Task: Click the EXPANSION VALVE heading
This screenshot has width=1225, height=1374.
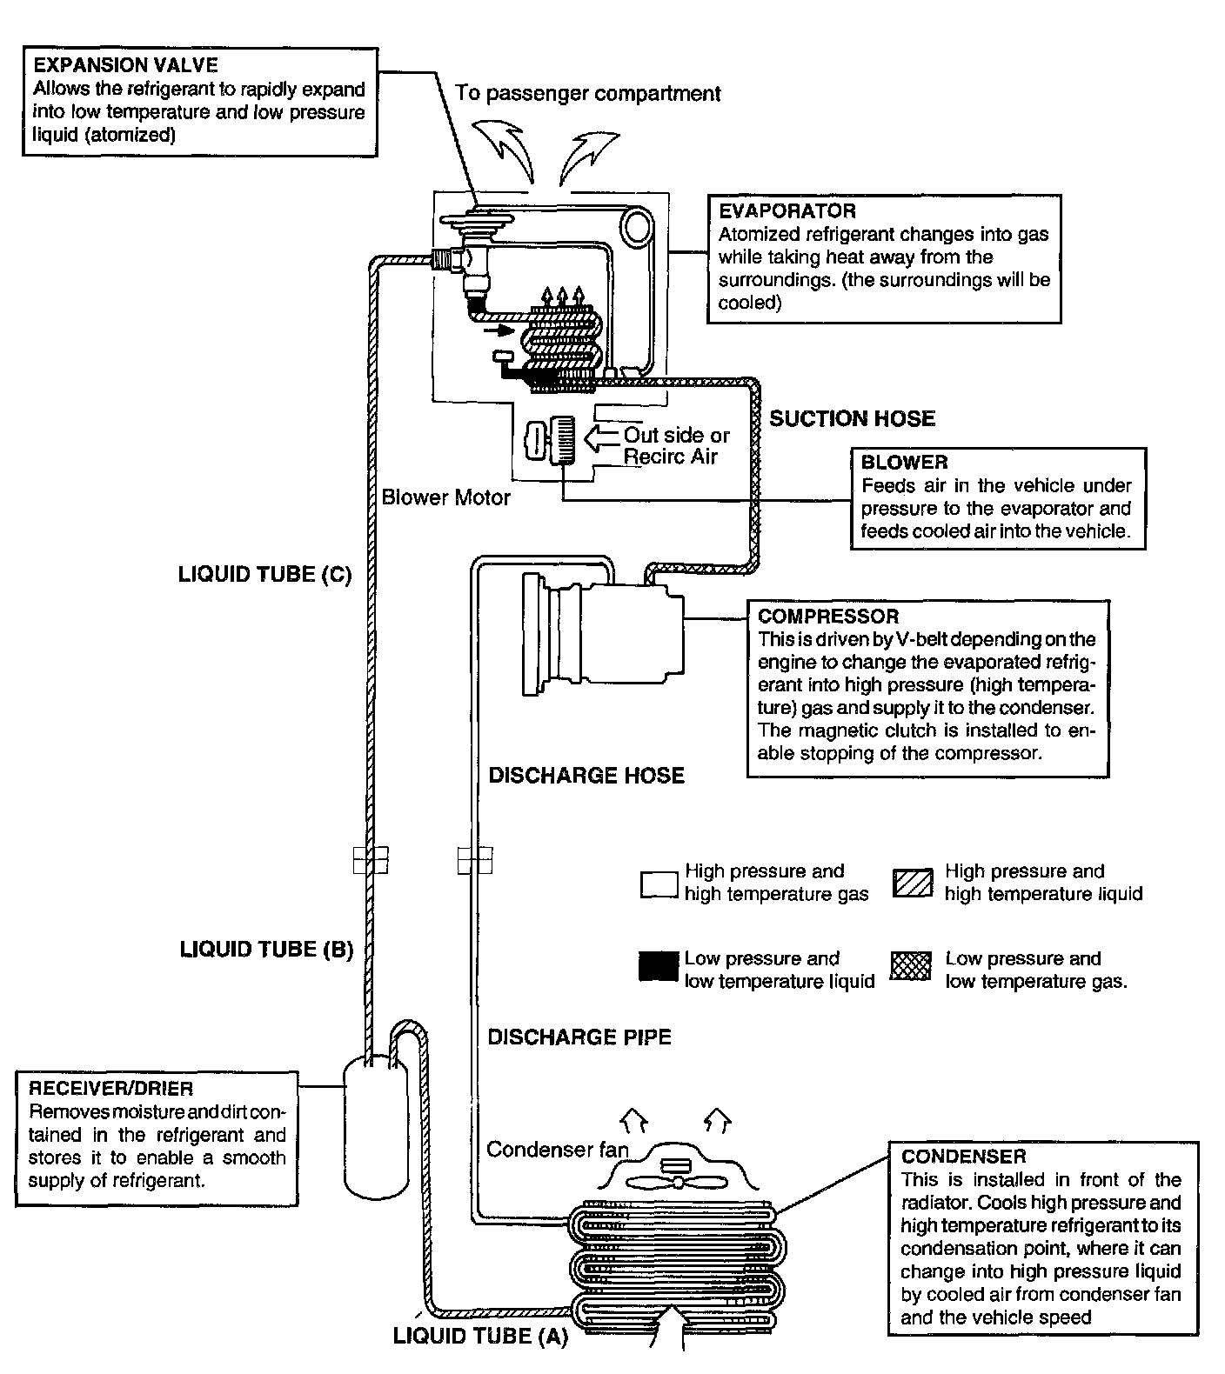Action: (x=125, y=65)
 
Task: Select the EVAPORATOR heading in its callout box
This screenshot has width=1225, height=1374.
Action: (x=787, y=210)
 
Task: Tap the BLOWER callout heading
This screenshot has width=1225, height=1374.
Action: (x=904, y=462)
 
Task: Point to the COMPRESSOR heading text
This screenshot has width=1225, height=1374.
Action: (x=827, y=616)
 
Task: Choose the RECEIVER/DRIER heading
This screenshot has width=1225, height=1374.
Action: (x=111, y=1088)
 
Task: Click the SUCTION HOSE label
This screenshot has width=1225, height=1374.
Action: (x=852, y=418)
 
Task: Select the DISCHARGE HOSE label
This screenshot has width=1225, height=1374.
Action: (x=586, y=775)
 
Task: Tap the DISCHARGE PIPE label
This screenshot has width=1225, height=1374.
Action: (x=579, y=1037)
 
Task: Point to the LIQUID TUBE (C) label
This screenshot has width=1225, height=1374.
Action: (x=264, y=574)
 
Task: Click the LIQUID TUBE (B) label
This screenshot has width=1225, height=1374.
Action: (x=266, y=949)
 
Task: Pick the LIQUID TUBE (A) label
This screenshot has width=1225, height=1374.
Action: (x=480, y=1336)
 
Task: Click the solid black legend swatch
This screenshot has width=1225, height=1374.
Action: (x=659, y=966)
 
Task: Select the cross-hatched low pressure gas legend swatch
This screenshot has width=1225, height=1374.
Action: (x=910, y=966)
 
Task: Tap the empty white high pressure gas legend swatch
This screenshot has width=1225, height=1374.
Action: (x=659, y=884)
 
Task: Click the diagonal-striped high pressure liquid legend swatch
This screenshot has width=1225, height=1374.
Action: (x=913, y=884)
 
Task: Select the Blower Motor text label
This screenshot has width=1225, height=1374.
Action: (x=445, y=497)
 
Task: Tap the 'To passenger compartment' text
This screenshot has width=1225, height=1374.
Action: (x=588, y=93)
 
